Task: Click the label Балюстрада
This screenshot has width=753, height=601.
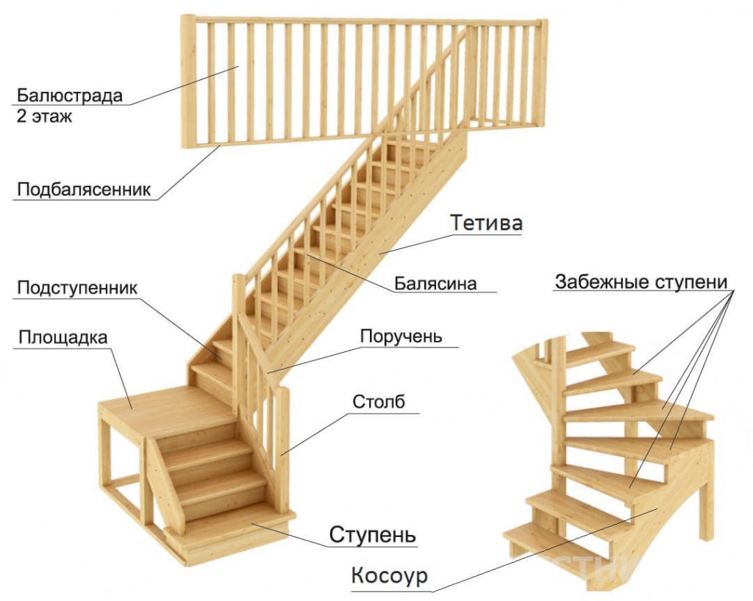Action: [x=70, y=96]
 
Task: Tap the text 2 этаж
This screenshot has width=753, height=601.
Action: [x=44, y=117]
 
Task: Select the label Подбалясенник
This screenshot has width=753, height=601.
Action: [x=84, y=189]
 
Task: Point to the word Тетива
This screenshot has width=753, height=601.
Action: [x=486, y=223]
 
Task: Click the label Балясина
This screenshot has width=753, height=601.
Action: [x=435, y=284]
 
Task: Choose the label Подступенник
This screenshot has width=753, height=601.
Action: [x=77, y=288]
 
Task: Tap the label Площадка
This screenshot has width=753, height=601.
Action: [x=63, y=338]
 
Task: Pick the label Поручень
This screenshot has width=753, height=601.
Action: [x=401, y=337]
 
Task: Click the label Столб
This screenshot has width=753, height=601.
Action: [x=379, y=401]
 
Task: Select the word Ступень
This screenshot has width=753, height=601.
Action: [x=373, y=534]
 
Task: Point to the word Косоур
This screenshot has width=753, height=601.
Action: [x=389, y=575]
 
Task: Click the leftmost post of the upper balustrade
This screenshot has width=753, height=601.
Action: [x=188, y=82]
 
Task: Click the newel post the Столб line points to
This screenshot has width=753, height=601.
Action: [x=282, y=451]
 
